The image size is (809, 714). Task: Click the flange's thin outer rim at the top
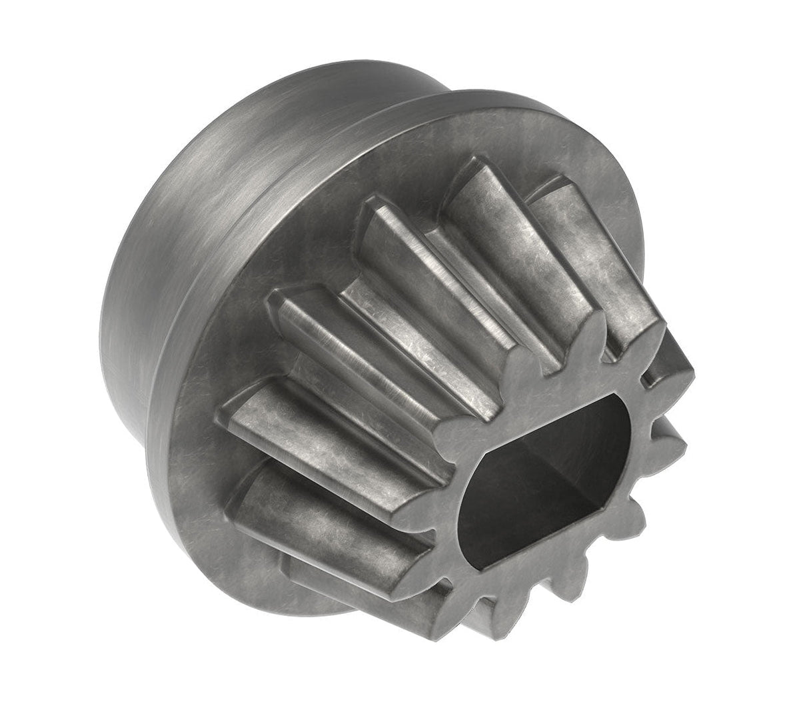(x=466, y=100)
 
